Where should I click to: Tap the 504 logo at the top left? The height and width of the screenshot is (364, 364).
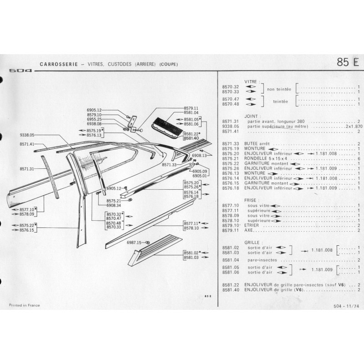point(20,71)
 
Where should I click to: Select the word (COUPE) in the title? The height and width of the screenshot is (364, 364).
point(169,64)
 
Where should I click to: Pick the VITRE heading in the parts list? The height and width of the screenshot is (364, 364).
point(251,81)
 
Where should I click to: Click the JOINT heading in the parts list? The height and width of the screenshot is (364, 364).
point(251,116)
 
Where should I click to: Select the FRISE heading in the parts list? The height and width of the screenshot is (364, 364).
point(251,199)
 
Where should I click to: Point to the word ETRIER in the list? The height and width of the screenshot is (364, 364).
point(252,225)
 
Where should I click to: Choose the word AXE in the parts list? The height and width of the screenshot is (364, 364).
point(248,230)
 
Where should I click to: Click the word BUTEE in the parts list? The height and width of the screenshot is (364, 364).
point(252,144)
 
